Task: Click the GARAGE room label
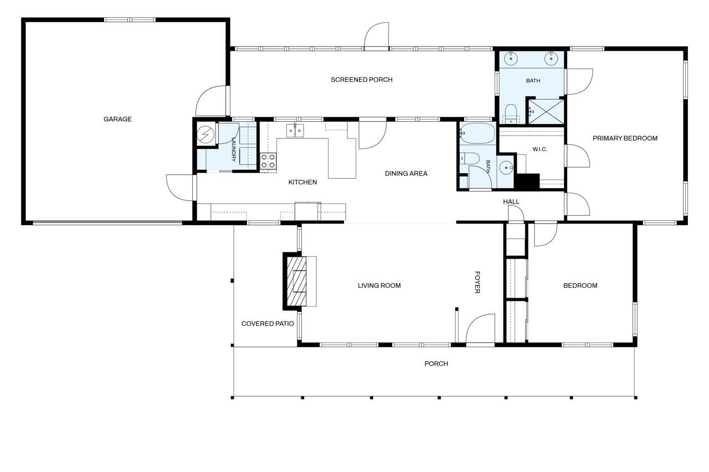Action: pos(117,119)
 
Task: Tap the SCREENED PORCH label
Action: pos(362,80)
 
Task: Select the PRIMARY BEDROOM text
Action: pos(625,138)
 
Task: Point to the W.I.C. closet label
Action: pos(540,149)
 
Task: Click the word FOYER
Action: pos(477,282)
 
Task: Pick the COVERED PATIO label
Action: pos(268,324)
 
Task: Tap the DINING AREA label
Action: pos(406,174)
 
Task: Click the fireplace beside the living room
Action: pos(300,281)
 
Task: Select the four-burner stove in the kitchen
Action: pos(268,161)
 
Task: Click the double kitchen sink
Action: pos(295,131)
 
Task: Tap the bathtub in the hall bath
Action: pos(477,133)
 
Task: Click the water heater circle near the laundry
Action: pos(205,134)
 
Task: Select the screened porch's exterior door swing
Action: pos(376,37)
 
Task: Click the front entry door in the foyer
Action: pos(480,329)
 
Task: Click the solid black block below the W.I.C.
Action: pos(527,182)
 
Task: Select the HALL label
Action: pos(511,202)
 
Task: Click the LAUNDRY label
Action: pos(234,149)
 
